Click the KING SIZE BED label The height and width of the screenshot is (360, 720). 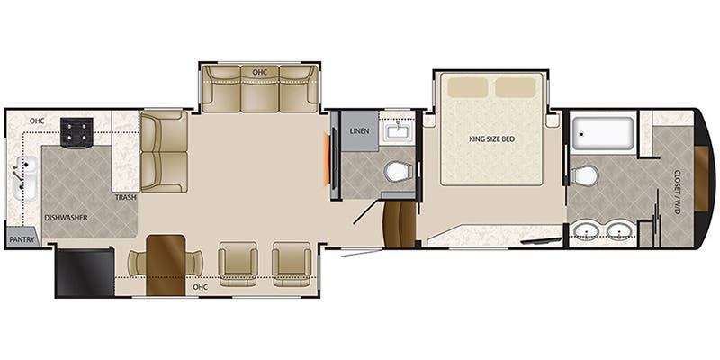pyautogui.click(x=491, y=139)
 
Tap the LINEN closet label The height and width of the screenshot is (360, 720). pyautogui.click(x=358, y=131)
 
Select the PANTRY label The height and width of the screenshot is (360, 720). pyautogui.click(x=21, y=239)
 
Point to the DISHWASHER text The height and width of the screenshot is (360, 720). pyautogui.click(x=66, y=218)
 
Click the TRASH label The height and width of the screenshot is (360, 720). pyautogui.click(x=125, y=197)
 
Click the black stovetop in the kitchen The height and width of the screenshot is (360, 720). pyautogui.click(x=76, y=132)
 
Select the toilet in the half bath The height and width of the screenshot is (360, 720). pyautogui.click(x=399, y=172)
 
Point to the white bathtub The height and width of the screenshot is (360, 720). pyautogui.click(x=603, y=133)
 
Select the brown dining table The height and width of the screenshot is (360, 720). pyautogui.click(x=166, y=265)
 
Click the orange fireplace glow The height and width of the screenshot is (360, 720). pyautogui.click(x=328, y=159)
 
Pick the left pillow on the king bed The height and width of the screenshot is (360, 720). pyautogui.click(x=467, y=87)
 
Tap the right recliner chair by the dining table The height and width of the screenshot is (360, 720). pyautogui.click(x=292, y=264)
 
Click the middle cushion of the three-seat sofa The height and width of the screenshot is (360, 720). pyautogui.click(x=259, y=88)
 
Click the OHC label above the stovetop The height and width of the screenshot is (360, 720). pyautogui.click(x=36, y=121)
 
